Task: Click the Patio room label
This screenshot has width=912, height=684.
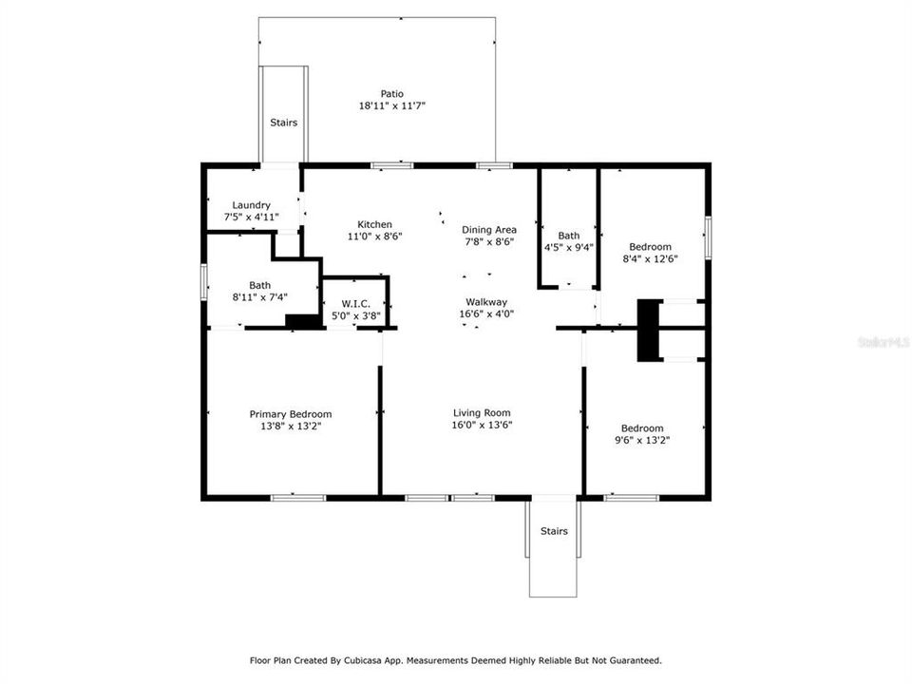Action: [x=391, y=94]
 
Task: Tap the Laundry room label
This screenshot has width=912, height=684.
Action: [x=252, y=205]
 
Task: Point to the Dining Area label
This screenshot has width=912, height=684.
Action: [x=488, y=230]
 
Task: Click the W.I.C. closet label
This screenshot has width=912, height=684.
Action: [x=354, y=302]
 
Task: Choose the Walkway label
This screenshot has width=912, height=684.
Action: [x=485, y=301]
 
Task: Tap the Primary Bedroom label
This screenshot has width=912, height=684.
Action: [x=290, y=414]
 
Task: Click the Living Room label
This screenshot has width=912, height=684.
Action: [x=482, y=413]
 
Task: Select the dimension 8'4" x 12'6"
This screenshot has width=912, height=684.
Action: [x=651, y=258]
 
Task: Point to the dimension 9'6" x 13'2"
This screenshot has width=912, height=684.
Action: [x=642, y=440]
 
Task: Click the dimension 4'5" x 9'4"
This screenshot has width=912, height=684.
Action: [x=568, y=248]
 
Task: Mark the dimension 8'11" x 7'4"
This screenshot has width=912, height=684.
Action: [x=259, y=297]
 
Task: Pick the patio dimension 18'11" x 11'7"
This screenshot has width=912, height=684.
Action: [x=391, y=106]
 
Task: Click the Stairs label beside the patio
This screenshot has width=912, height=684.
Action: [x=283, y=123]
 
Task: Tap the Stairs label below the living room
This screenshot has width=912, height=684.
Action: [x=553, y=531]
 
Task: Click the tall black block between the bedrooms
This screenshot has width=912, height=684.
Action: [x=648, y=330]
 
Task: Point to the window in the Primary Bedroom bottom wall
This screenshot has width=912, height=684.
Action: [x=298, y=496]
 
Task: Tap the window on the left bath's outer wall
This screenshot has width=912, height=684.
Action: [x=203, y=282]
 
